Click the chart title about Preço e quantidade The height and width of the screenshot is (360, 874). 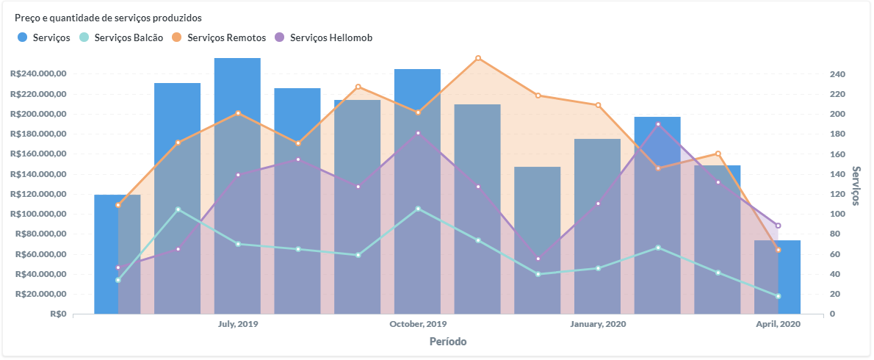(x=108, y=17)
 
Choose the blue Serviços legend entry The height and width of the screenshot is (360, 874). (x=44, y=37)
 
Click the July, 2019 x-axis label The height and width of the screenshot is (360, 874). (x=238, y=324)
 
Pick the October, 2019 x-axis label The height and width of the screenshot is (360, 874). (x=418, y=324)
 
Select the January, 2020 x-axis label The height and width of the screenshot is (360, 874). (x=598, y=324)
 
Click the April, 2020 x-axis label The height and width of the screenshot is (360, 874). (x=778, y=324)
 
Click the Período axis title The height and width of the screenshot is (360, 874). (x=447, y=342)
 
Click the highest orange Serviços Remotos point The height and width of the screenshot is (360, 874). (x=478, y=58)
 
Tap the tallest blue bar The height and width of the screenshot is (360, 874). (x=237, y=184)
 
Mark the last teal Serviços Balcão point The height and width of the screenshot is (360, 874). (x=778, y=296)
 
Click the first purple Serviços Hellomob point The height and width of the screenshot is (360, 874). (x=118, y=267)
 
